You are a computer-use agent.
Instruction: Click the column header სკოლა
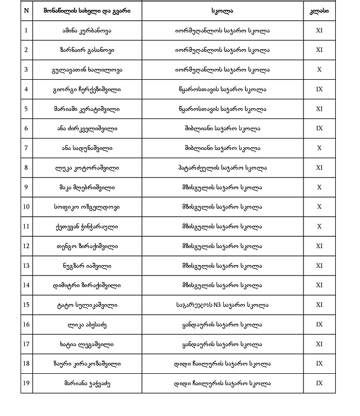coord(222,11)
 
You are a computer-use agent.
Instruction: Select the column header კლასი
coord(319,11)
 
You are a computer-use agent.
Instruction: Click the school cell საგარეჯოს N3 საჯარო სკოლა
coord(222,305)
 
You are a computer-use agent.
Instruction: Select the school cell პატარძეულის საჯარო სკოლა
coord(222,167)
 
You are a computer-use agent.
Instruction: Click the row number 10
coord(26,207)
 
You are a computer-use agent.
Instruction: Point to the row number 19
coord(26,383)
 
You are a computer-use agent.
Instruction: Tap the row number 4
coord(26,89)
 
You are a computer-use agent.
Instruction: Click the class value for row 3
coord(319,70)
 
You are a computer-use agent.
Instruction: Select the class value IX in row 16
coord(319,324)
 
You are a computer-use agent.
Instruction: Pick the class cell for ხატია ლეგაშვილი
coord(319,344)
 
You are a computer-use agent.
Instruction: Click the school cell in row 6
coord(222,128)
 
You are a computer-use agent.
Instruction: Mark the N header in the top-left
coord(26,11)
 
